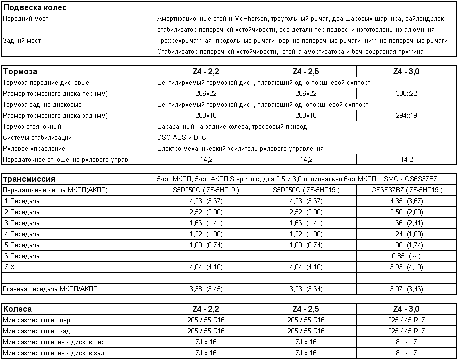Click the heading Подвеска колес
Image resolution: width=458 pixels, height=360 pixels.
tap(35, 8)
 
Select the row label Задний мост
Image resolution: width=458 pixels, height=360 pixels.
tap(22, 41)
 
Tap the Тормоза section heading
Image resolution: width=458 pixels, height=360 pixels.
tap(20, 71)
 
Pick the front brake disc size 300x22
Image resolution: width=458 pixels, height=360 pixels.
tap(407, 93)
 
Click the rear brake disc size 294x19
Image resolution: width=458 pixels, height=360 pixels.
tap(407, 115)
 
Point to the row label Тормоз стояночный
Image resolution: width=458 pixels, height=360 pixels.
tap(32, 126)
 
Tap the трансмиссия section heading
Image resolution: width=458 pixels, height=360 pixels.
tap(29, 179)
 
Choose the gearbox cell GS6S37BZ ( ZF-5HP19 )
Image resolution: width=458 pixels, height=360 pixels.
tap(407, 190)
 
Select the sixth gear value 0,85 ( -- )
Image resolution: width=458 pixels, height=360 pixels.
tap(407, 256)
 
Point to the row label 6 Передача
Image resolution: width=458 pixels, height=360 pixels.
tap(22, 256)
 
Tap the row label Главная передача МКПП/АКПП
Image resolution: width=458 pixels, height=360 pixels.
tap(51, 289)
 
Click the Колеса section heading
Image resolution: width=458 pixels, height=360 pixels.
tap(18, 309)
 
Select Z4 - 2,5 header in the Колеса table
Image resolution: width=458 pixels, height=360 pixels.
tap(306, 309)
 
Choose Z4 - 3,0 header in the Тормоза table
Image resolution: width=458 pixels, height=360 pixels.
tap(407, 71)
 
